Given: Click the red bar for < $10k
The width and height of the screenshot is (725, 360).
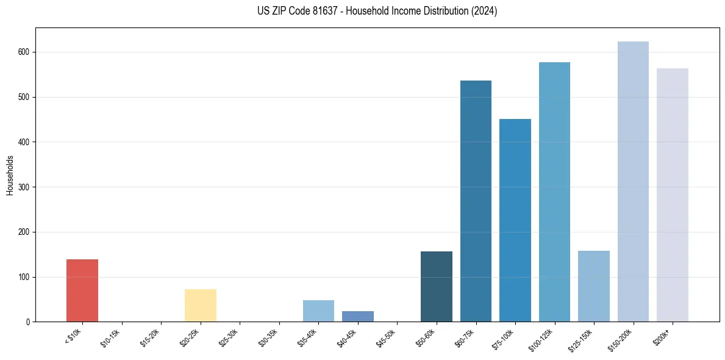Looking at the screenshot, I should [x=82, y=290].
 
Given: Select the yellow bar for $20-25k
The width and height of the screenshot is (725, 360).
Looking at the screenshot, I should [x=201, y=305].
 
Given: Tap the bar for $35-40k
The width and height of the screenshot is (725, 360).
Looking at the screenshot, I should [x=318, y=311].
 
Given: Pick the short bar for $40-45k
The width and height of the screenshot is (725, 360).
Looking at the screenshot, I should [x=358, y=316].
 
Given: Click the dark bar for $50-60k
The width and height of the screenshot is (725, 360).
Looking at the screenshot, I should [x=437, y=286].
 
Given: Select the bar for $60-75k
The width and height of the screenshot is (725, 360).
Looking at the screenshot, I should [x=476, y=201].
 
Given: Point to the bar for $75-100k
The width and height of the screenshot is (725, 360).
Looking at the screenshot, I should [x=515, y=220].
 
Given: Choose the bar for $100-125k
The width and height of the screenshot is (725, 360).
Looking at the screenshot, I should [x=554, y=192].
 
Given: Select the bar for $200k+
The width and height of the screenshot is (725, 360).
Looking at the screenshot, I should [x=673, y=195].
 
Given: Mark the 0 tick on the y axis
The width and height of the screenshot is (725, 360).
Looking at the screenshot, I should [x=28, y=322].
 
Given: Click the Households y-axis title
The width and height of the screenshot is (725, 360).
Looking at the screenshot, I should [x=10, y=175].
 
